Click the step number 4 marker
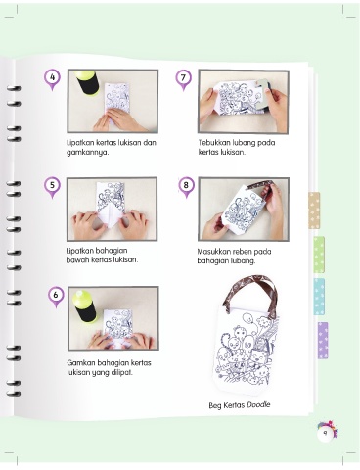pyautogui.click(x=53, y=79)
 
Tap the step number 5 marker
pyautogui.click(x=52, y=187)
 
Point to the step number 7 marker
pyautogui.click(x=183, y=79)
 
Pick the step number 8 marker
pyautogui.click(x=186, y=187)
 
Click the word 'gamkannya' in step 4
pyautogui.click(x=87, y=153)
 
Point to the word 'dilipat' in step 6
pyautogui.click(x=122, y=372)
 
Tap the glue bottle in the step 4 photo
pyautogui.click(x=86, y=82)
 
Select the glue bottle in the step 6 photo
pyautogui.click(x=85, y=305)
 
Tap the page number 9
pyautogui.click(x=325, y=434)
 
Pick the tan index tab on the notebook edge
pyautogui.click(x=314, y=211)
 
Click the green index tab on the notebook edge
pyautogui.click(x=319, y=255)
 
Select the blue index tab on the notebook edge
pyautogui.click(x=319, y=297)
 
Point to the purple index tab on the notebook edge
pyautogui.click(x=323, y=341)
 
